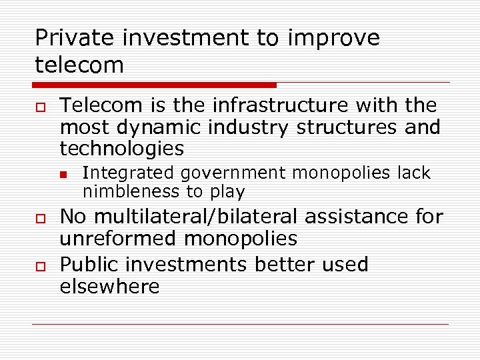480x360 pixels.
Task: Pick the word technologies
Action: [121, 148]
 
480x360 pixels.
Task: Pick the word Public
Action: [83, 265]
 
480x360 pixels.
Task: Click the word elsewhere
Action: [109, 287]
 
